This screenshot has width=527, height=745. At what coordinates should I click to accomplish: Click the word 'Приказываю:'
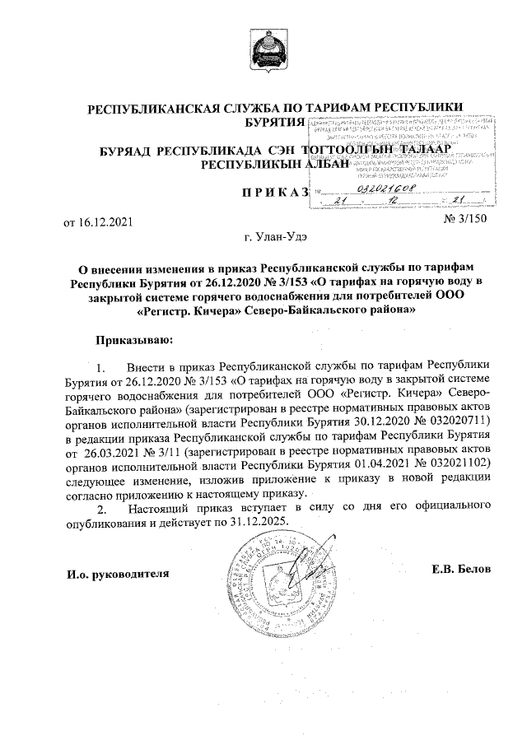click(134, 338)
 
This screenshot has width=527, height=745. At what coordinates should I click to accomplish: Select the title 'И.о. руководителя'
click(118, 572)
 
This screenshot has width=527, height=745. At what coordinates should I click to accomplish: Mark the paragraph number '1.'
click(102, 365)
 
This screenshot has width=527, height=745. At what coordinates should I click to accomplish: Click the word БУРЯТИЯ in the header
click(268, 123)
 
